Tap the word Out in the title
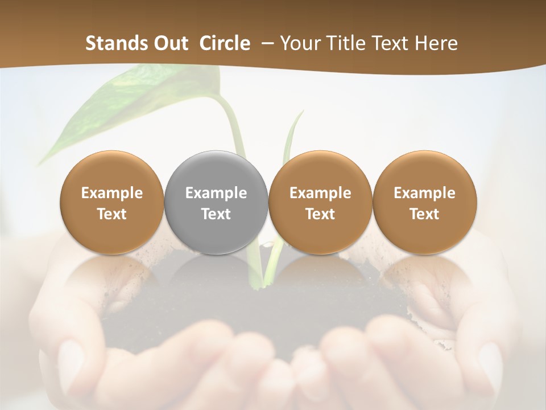click(x=170, y=43)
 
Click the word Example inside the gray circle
click(x=216, y=193)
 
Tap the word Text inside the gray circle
click(x=216, y=214)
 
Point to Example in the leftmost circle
click(x=112, y=193)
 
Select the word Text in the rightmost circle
click(x=424, y=214)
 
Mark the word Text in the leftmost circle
click(x=112, y=214)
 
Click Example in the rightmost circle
click(x=424, y=193)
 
